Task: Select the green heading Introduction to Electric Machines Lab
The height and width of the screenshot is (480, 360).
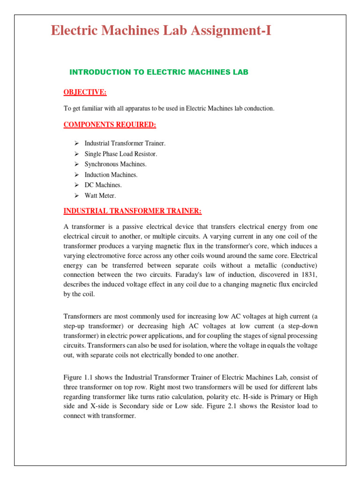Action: tap(158, 72)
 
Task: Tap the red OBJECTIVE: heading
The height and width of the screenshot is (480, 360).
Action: tap(85, 92)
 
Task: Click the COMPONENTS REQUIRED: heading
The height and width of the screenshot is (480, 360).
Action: tap(110, 125)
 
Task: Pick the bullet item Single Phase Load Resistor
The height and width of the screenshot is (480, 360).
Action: tap(120, 154)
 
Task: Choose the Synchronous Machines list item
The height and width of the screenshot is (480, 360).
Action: tap(115, 164)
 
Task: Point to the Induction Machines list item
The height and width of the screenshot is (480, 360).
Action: tap(111, 175)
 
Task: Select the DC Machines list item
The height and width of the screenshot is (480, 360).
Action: tap(103, 185)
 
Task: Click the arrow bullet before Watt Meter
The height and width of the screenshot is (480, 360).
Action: tap(77, 195)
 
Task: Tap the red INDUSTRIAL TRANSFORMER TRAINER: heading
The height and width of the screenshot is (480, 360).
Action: tap(132, 211)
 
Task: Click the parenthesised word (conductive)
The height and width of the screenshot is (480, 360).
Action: tap(298, 265)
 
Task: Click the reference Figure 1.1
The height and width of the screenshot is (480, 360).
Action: tap(77, 378)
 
